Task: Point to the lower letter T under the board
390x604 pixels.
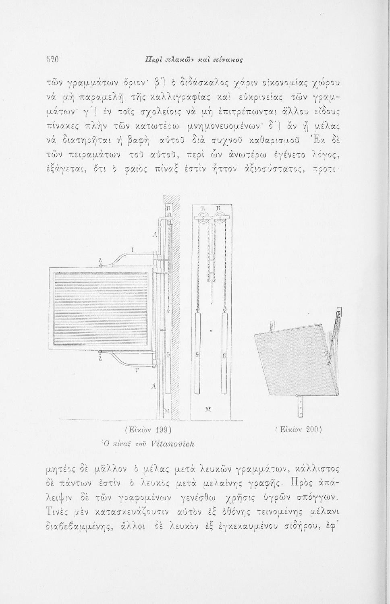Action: pos(136,370)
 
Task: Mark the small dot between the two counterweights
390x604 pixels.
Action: pos(210,331)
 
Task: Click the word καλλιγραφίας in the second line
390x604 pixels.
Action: pos(170,97)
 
